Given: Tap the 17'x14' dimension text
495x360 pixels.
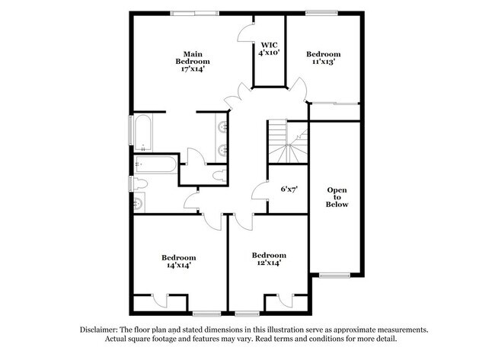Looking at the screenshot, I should click(193, 69).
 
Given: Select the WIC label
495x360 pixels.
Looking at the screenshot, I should click(269, 44).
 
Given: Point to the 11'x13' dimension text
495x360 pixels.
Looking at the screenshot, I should click(324, 62).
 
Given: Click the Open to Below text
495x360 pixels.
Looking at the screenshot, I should click(337, 197).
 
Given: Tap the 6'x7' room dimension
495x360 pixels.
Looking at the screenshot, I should click(289, 188).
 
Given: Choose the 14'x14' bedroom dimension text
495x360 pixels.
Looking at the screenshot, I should click(179, 266).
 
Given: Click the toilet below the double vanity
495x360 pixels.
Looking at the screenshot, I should click(219, 176).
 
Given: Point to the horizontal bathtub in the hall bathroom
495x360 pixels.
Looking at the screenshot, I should click(156, 164).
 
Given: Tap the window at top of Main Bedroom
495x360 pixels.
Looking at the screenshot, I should click(193, 13).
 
